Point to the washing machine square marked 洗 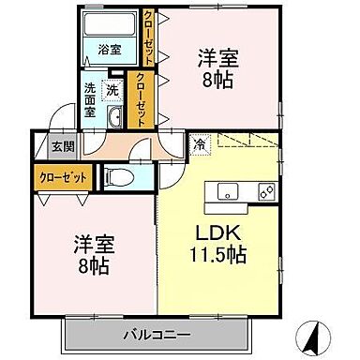(x=112, y=90)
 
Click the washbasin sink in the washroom (x=114, y=116)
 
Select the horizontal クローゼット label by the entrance (x=59, y=175)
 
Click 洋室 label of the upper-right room (x=217, y=57)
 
